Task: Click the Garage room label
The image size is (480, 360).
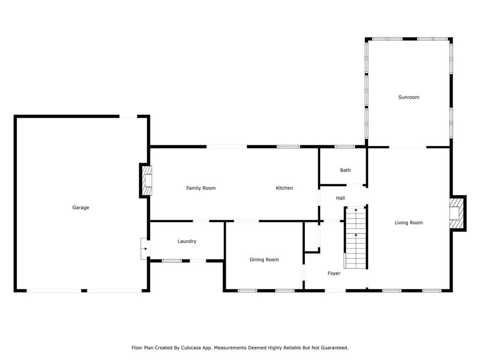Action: click(81, 208)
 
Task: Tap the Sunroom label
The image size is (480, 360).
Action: click(409, 97)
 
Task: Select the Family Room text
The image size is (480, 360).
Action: click(201, 188)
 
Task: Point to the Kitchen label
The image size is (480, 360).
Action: click(285, 188)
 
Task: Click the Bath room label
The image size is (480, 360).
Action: click(345, 170)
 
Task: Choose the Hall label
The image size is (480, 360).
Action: click(340, 198)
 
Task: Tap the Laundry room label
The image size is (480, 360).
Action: click(187, 241)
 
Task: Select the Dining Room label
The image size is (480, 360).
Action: click(264, 260)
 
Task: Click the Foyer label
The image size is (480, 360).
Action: click(334, 273)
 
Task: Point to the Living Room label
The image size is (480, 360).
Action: click(409, 223)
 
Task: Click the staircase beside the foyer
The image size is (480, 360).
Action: click(355, 238)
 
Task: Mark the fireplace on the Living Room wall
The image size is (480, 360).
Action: click(457, 213)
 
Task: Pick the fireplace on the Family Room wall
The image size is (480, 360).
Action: click(146, 180)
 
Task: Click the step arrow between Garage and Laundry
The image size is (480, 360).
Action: click(145, 248)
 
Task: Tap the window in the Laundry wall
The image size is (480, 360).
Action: click(172, 261)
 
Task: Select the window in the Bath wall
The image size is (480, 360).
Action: click(345, 147)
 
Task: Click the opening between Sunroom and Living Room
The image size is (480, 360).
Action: click(408, 147)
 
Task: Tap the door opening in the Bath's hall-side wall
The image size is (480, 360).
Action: click(354, 185)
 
